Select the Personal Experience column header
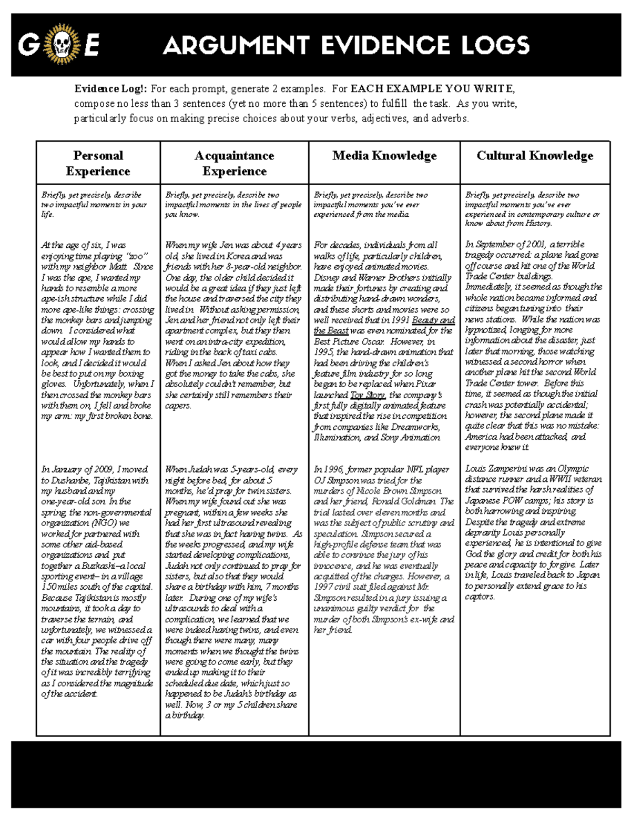click(x=98, y=163)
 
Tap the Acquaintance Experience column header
click(x=234, y=163)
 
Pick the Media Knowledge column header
click(x=384, y=156)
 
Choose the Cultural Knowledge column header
click(x=535, y=156)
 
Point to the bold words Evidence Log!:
click(x=111, y=89)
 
